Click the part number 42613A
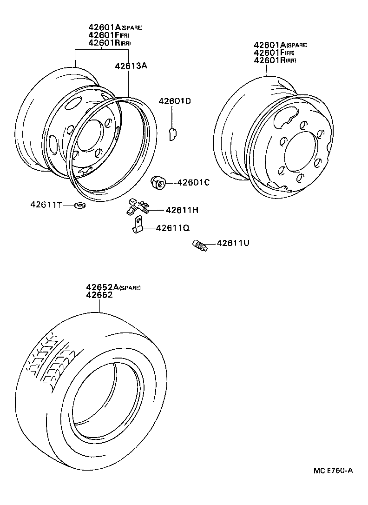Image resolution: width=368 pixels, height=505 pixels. pos(131,66)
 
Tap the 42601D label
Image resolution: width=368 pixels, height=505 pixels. pos(174,101)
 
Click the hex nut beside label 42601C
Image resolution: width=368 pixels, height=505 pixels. pos(158,183)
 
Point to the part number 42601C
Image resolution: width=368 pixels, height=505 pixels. pos(193,183)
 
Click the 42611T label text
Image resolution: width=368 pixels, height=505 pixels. pos(46,205)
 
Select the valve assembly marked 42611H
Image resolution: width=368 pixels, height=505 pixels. pos(138,206)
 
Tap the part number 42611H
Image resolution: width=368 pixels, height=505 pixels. pos(182,210)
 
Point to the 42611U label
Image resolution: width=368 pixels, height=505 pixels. pos(233,243)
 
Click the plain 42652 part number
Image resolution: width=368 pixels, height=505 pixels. pos(99,295)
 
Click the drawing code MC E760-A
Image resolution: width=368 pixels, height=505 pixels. pos(333,470)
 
